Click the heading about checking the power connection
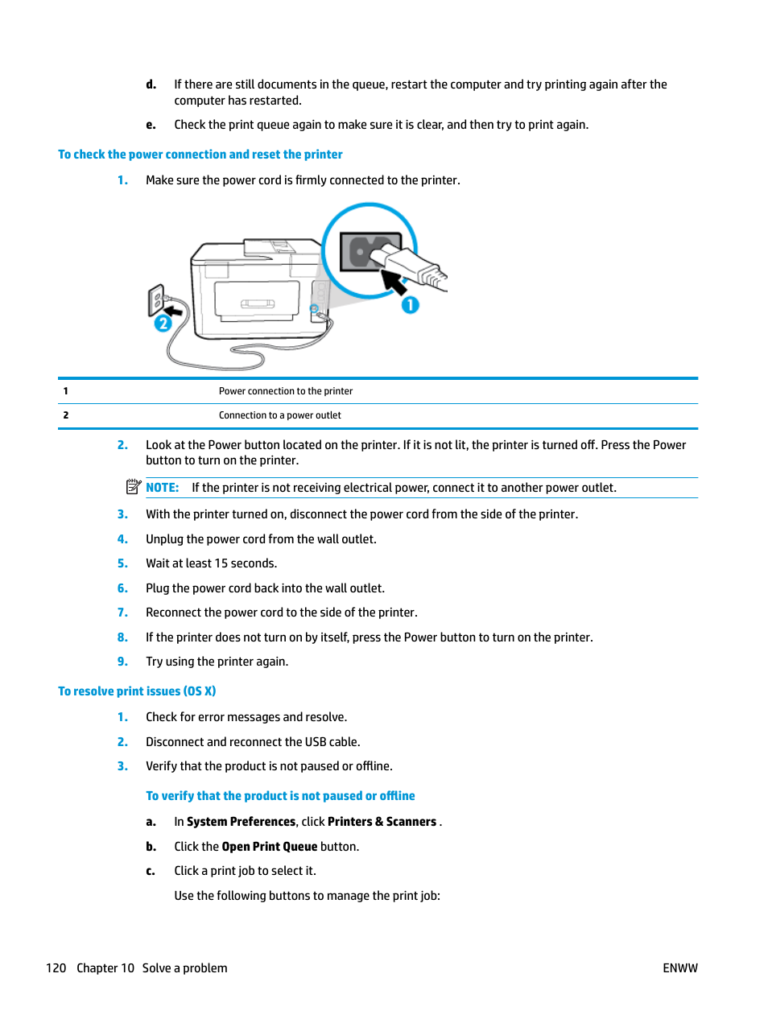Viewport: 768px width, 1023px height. [x=200, y=155]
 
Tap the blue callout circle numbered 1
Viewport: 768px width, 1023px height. [x=411, y=305]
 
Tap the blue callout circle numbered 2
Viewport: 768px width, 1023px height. [x=163, y=324]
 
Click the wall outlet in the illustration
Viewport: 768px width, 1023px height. [x=156, y=301]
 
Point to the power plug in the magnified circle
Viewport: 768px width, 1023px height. [x=411, y=266]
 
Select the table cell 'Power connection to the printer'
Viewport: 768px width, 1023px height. [x=286, y=391]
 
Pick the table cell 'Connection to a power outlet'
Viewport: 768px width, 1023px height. [x=279, y=415]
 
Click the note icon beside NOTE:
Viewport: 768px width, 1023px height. [x=134, y=487]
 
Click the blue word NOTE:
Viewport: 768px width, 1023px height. [x=162, y=488]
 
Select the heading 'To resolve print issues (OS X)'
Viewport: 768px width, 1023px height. [x=137, y=691]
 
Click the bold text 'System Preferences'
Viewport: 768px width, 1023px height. [x=241, y=822]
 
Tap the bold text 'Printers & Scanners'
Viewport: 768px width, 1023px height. [x=382, y=822]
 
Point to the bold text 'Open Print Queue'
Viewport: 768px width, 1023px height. [x=269, y=847]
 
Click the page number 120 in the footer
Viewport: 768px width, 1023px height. [x=56, y=968]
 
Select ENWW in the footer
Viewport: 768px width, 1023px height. [x=679, y=968]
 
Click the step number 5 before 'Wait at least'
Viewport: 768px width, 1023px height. [x=122, y=563]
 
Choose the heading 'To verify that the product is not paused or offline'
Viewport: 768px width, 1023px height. [x=280, y=796]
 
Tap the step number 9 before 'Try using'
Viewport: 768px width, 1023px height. [x=122, y=662]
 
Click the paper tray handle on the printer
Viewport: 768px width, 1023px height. [x=258, y=303]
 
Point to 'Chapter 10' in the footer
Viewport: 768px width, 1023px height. [x=105, y=968]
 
